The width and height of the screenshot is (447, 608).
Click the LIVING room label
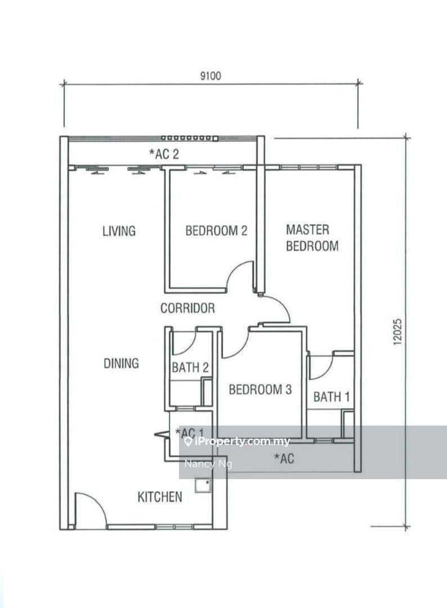click(119, 231)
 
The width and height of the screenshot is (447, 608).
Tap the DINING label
click(121, 363)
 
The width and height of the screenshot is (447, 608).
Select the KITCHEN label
click(160, 497)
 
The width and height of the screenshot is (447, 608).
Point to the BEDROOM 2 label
click(216, 231)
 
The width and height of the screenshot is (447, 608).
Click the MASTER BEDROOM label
click(312, 238)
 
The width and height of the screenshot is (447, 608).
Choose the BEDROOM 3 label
click(260, 390)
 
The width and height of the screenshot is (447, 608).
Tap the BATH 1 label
click(332, 397)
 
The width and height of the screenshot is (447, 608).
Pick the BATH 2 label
click(190, 367)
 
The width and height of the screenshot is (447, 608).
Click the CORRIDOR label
click(187, 309)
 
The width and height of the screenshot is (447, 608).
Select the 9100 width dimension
click(211, 75)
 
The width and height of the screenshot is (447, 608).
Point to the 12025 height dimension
click(398, 332)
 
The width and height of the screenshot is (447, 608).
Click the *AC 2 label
click(164, 154)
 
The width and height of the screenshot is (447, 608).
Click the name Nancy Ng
click(208, 463)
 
